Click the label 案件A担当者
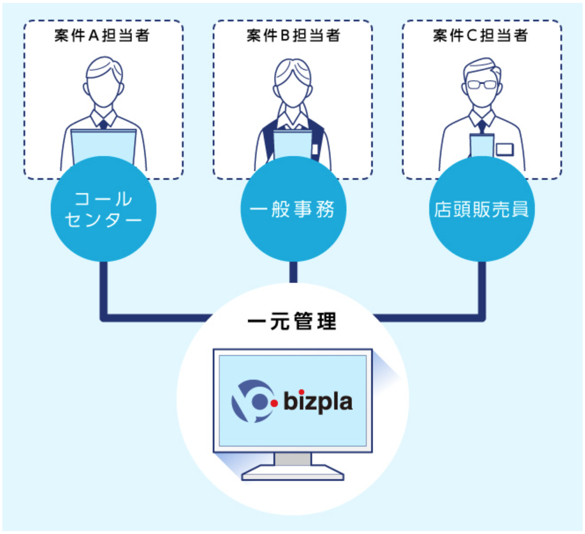click(103, 35)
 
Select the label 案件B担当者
click(293, 35)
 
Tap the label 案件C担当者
click(481, 35)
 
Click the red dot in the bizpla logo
click(273, 404)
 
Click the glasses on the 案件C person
click(481, 85)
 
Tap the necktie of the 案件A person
click(103, 124)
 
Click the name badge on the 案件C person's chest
click(504, 149)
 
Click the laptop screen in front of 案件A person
click(103, 144)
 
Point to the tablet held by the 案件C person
click(481, 145)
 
